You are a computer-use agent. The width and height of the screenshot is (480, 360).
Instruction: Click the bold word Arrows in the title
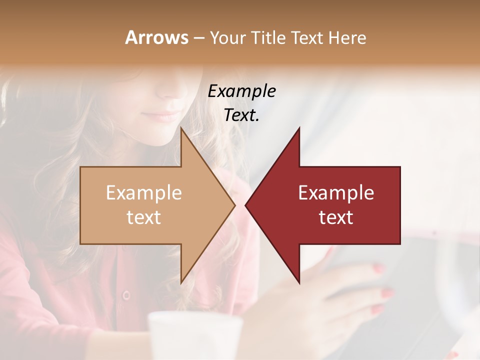pos(156,37)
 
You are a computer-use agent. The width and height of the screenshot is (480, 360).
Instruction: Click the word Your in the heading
pos(227,37)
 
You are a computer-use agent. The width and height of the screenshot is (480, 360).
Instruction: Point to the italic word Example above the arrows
pos(241,91)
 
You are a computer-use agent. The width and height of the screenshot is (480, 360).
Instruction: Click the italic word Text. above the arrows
pos(241,115)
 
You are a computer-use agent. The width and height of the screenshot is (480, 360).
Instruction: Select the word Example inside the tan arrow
pos(144,193)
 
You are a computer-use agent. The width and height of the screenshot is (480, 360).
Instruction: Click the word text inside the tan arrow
pos(144,217)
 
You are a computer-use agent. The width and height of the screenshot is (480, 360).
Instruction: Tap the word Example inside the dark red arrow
pos(336,193)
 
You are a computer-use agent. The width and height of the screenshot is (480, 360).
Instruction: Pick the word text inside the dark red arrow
pos(336,217)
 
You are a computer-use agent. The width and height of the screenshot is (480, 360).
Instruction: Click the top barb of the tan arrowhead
pos(182,130)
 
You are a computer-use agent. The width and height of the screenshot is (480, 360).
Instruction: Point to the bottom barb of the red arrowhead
pos(298,281)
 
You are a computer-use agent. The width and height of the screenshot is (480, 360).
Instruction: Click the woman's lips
pos(162,117)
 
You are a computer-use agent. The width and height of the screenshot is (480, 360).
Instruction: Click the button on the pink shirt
pos(126,294)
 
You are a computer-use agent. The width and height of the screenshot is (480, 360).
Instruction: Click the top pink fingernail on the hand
pos(378,269)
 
